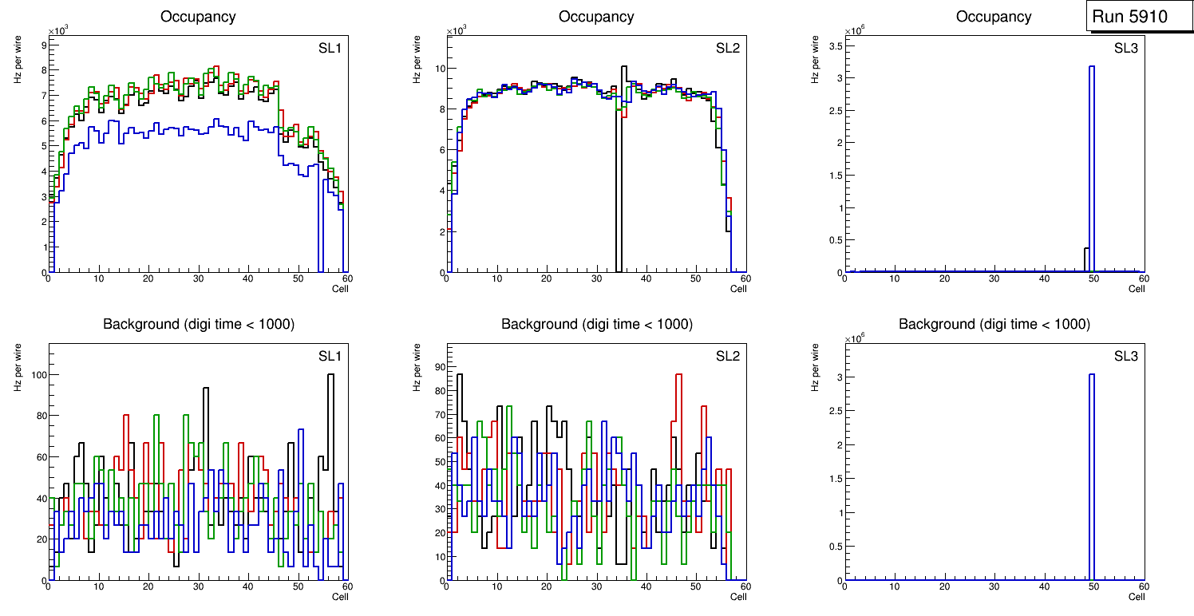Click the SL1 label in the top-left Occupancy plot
coord(330,49)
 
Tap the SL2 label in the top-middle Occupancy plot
coord(728,49)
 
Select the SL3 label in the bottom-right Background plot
coord(1126,356)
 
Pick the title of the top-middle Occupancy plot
coord(596,17)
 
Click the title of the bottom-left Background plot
coord(199,324)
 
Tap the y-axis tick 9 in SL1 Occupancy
coord(42,45)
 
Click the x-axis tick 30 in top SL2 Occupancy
coord(596,278)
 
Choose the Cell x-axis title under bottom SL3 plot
coord(1137,597)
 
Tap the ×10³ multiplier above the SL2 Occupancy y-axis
coord(457,31)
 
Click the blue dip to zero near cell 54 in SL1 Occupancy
coord(320,267)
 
